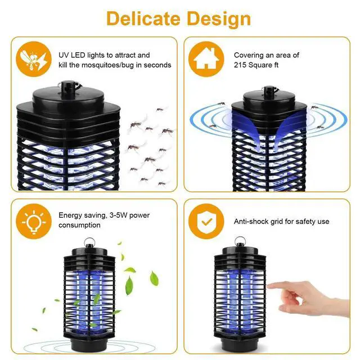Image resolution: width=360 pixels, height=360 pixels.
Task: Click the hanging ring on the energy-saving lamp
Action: (x=89, y=243)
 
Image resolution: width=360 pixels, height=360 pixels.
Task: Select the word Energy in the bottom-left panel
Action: (x=70, y=215)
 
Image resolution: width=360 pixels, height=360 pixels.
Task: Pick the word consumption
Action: (x=80, y=225)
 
